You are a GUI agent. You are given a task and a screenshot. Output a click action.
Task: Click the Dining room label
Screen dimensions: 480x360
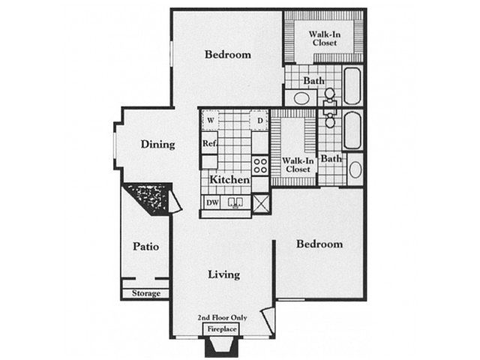(157, 144)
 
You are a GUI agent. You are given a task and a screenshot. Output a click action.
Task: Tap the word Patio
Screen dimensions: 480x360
(145, 247)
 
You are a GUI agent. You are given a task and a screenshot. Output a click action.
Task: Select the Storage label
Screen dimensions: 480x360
(146, 293)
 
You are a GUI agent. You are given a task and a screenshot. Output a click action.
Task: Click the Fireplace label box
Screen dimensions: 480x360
(221, 329)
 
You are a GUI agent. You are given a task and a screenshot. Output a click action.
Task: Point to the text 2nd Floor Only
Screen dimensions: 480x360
(222, 317)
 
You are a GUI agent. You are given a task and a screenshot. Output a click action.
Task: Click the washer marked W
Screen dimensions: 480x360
(210, 120)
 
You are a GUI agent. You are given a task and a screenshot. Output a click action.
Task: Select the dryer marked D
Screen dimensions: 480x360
(260, 121)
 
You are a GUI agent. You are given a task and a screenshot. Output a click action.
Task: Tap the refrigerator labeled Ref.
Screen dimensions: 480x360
(210, 143)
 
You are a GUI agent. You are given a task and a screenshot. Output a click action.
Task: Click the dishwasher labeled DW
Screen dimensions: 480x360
(212, 202)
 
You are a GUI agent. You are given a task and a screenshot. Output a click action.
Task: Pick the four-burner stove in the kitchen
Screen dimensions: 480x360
(260, 165)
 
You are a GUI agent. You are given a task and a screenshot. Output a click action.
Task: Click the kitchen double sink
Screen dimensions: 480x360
(235, 202)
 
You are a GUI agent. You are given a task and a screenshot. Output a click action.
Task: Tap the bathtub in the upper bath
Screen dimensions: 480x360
(352, 86)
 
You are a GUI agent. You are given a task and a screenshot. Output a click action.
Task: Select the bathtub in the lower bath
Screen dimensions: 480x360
(352, 130)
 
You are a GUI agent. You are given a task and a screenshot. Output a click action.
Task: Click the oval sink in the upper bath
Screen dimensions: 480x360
(301, 98)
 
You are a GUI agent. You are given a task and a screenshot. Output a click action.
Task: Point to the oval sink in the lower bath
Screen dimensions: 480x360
(355, 169)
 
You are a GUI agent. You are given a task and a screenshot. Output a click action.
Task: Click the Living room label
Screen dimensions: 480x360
(223, 274)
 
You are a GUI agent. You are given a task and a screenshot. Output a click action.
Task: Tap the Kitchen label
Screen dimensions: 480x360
(229, 179)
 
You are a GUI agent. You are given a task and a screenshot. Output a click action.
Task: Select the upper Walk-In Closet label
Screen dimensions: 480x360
(325, 38)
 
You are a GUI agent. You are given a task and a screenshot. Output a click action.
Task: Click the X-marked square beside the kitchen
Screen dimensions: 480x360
(261, 202)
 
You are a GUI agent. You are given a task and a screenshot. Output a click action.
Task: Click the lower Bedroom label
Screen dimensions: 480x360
(319, 244)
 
